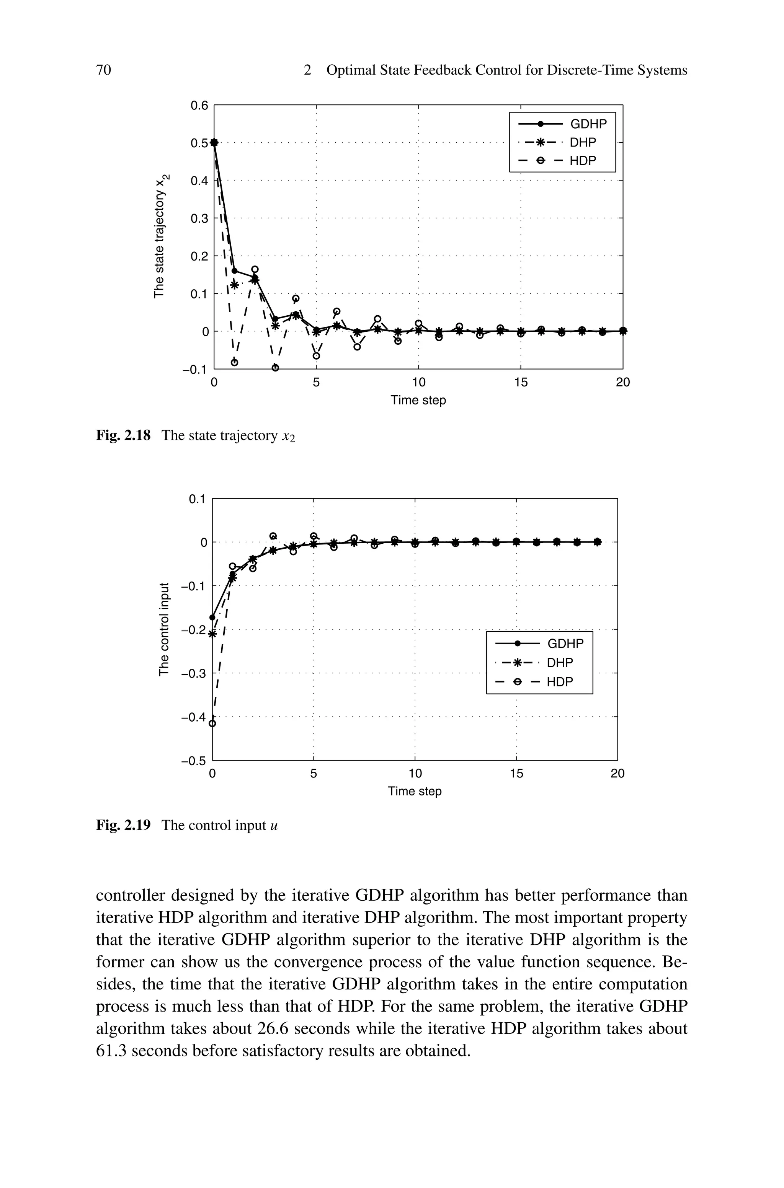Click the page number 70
tap(103, 70)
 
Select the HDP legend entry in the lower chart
tap(560, 682)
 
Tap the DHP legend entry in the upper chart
tap(583, 143)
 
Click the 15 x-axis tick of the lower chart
tap(516, 774)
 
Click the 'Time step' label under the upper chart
tap(418, 401)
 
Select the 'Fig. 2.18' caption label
tap(123, 436)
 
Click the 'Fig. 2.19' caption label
tap(123, 825)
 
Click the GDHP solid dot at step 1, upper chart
tap(235, 271)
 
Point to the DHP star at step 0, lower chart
tap(212, 634)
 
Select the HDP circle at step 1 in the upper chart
tap(235, 362)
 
